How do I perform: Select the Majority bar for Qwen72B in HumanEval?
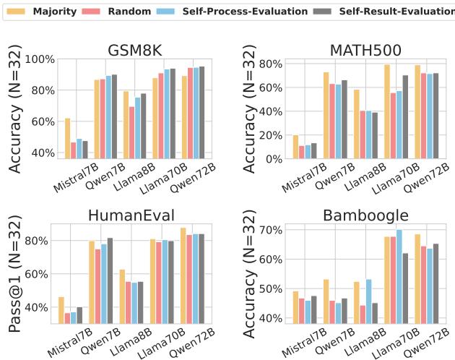point(182,275)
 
